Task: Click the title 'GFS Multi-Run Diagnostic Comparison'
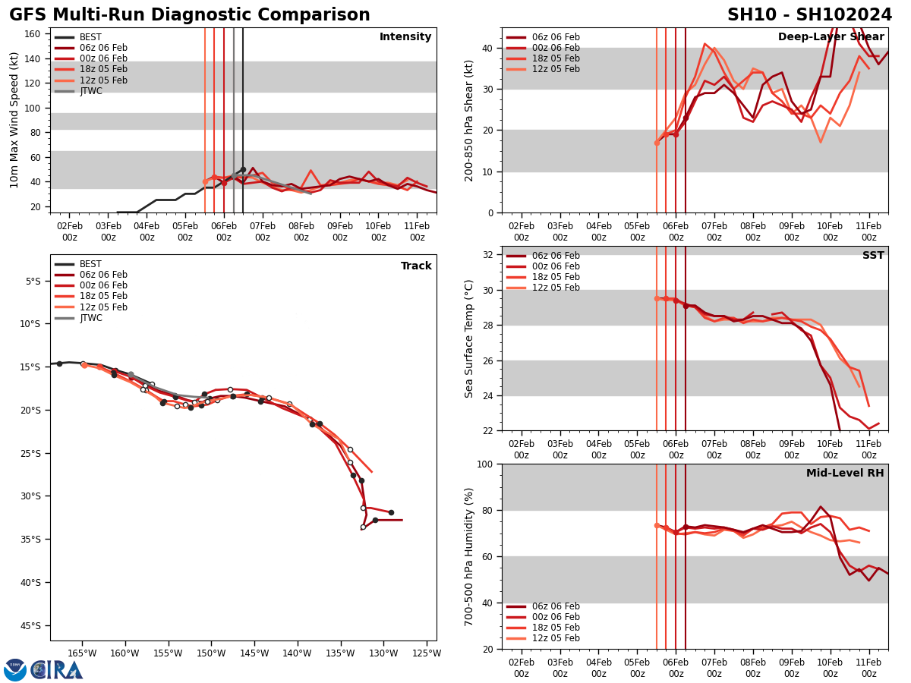click(x=190, y=15)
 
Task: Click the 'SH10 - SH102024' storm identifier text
click(x=809, y=15)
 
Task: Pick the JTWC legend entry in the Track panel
click(x=90, y=318)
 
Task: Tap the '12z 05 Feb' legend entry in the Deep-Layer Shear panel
click(x=556, y=69)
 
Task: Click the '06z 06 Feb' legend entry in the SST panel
click(x=556, y=256)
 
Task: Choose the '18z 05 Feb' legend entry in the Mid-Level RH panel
click(x=556, y=628)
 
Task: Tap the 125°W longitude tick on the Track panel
click(x=427, y=653)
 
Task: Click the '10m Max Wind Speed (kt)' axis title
click(x=14, y=120)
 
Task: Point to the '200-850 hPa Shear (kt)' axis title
click(x=469, y=120)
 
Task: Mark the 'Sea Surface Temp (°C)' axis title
click(x=469, y=338)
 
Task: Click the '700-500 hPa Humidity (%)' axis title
click(x=469, y=556)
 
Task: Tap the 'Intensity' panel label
click(x=405, y=37)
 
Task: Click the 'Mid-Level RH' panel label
click(x=845, y=474)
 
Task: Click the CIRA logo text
click(x=57, y=670)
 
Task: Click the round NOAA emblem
click(x=15, y=670)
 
